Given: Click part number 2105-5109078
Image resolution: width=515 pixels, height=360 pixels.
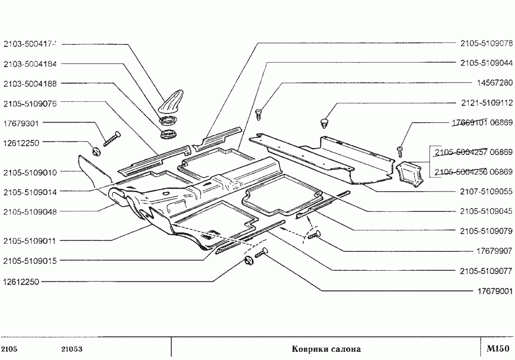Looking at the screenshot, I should (x=486, y=43).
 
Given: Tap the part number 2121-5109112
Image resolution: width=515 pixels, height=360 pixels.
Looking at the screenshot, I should (x=486, y=103).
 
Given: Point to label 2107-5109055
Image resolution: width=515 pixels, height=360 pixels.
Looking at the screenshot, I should (x=486, y=192).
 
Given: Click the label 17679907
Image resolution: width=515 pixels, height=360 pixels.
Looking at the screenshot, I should (x=494, y=251).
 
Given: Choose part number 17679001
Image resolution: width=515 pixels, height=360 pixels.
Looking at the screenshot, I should (x=494, y=291).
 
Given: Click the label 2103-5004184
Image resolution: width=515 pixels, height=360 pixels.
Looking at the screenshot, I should (x=30, y=64).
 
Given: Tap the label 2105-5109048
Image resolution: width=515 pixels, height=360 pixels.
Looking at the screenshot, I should (x=30, y=211).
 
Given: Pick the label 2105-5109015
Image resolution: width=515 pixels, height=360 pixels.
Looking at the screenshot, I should (x=30, y=261).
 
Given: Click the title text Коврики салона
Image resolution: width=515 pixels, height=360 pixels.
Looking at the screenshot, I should (x=326, y=349).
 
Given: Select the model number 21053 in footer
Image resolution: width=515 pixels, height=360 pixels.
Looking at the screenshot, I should (x=71, y=349).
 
